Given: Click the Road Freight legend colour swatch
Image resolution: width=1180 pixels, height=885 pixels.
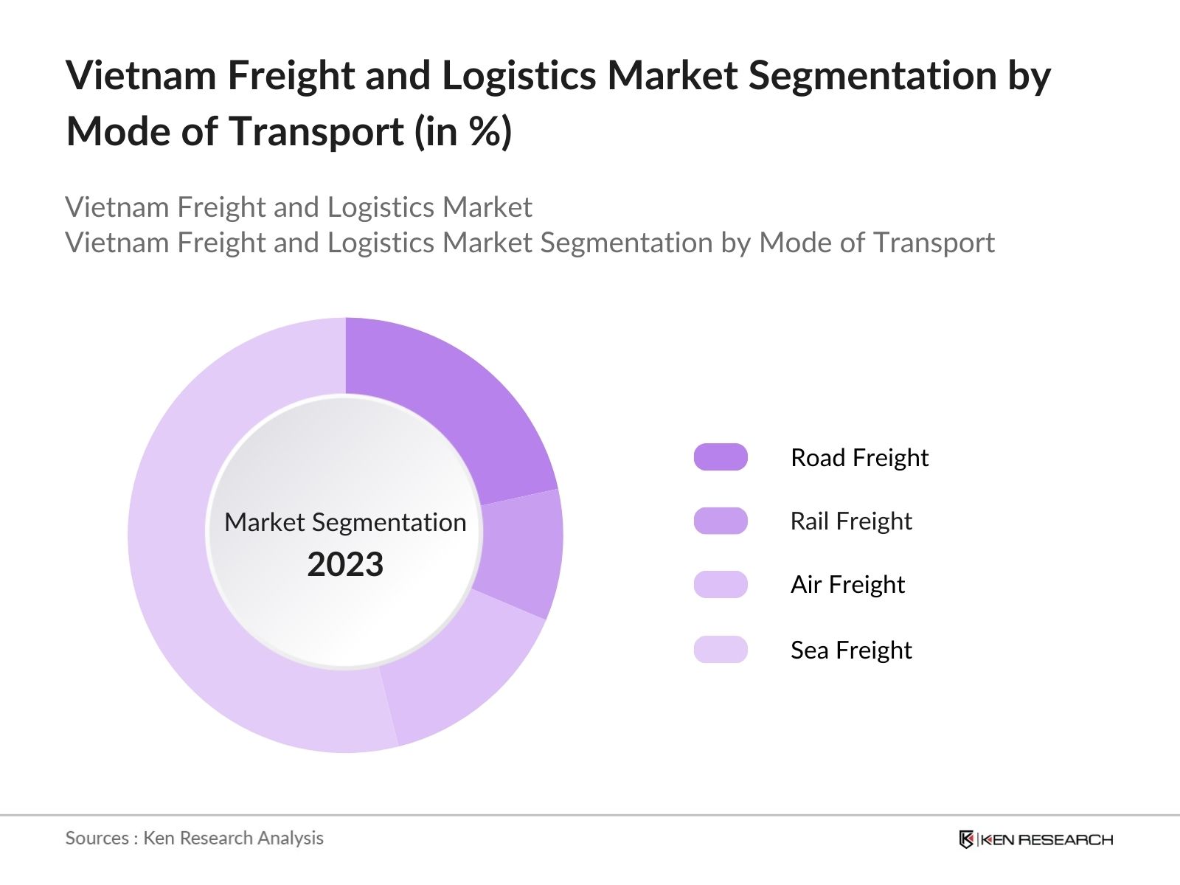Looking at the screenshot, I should pos(721,457).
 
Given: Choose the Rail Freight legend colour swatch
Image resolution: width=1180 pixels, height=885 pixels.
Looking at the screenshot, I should pos(721,521).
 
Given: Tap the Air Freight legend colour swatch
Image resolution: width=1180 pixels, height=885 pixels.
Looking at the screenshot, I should pos(721,584).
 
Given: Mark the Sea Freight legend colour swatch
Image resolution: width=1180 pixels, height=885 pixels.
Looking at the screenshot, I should pos(721,649).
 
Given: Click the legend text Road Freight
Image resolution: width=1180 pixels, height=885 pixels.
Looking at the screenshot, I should pos(859,457).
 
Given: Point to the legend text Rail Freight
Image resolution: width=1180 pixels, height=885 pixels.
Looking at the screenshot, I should pos(851,521).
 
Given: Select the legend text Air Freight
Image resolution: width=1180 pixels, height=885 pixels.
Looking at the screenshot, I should pos(847,585).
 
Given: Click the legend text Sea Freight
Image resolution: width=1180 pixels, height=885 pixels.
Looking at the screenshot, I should pos(851,650).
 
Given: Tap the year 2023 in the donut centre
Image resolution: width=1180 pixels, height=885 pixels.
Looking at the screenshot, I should pos(345,565).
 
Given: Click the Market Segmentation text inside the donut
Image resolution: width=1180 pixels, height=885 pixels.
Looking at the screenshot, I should pos(345,522).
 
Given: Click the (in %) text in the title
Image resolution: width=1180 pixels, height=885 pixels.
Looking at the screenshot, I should pos(463,133).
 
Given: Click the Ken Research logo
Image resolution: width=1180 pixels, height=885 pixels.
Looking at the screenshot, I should pos(1035,839).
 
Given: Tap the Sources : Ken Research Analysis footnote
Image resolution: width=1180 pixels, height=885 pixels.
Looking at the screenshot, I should pos(194,838).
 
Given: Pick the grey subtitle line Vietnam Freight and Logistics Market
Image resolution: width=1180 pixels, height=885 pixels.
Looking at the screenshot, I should pos(298,207).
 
